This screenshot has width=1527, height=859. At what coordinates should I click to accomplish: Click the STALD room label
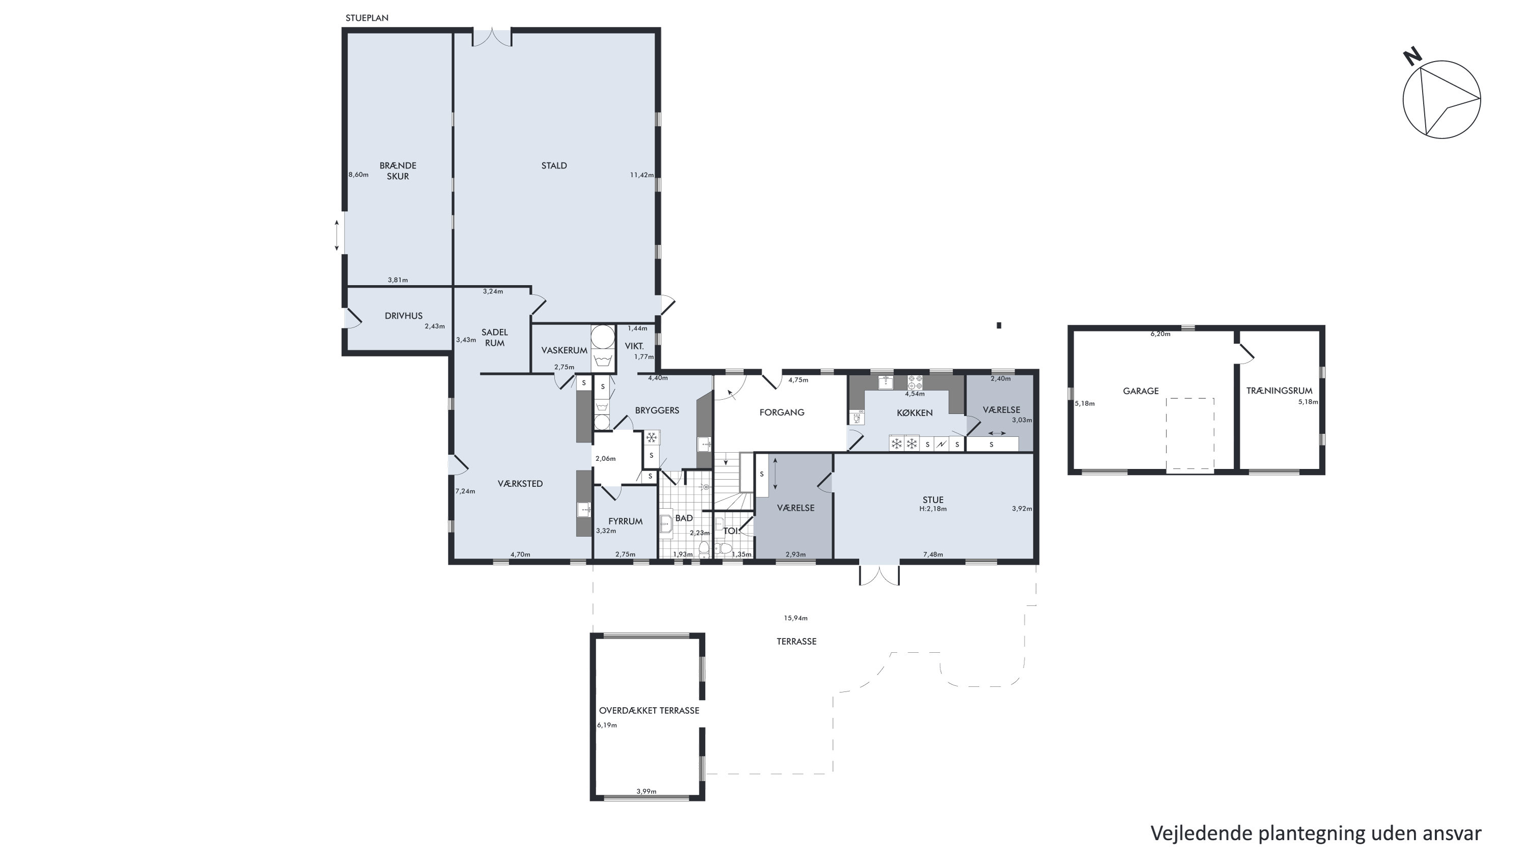coord(553,165)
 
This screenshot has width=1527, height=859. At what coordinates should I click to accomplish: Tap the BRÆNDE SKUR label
coord(398,171)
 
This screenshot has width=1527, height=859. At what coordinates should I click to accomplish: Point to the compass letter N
coord(1412,57)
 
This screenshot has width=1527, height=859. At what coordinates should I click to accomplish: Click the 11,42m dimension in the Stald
coord(642,175)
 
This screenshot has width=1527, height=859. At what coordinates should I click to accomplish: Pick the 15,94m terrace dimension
coord(795,618)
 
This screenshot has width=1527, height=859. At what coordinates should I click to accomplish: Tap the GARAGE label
coord(1141,391)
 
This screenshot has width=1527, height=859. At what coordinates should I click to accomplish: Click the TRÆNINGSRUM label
coord(1279,391)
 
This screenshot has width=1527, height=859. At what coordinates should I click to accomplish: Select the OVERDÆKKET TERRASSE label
coord(649,710)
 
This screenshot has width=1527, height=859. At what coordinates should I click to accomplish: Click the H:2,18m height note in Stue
coord(932,509)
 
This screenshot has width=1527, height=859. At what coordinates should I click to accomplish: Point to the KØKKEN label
coord(914,412)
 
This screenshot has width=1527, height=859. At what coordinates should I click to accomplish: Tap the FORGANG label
coord(782,412)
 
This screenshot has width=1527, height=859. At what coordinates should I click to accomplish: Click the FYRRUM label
coord(625,521)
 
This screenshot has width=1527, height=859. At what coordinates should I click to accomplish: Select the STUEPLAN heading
coord(367,18)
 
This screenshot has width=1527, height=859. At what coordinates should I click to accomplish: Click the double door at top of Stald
coord(492,37)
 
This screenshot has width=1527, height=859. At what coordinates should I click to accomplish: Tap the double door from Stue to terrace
coord(879,574)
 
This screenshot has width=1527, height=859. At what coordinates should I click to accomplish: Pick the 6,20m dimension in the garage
coord(1160,334)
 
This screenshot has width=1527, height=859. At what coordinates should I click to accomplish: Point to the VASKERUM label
coord(564,350)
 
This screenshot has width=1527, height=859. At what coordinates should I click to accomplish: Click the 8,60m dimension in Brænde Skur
coord(358,175)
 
